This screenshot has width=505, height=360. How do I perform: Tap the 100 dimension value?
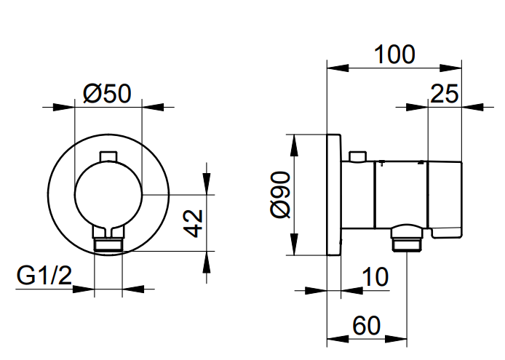click(394, 54)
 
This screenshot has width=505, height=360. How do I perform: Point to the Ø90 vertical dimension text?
click(279, 195)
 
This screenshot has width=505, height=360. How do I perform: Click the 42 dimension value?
click(191, 221)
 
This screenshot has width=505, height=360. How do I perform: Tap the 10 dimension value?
click(375, 276)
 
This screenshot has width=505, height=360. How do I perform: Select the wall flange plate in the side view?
click(334, 195)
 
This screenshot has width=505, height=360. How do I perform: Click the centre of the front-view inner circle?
click(108, 194)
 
